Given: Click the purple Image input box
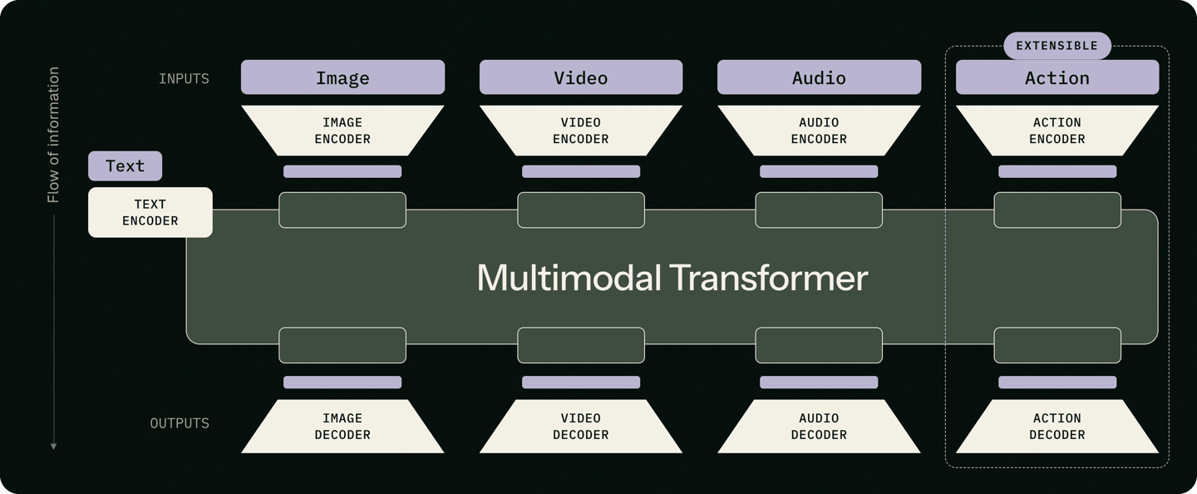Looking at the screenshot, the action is tap(342, 77).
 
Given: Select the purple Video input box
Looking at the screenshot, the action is tap(581, 77).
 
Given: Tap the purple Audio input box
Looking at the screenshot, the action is tap(820, 77).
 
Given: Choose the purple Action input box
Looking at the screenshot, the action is tap(1057, 77).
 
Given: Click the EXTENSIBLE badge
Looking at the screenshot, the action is tap(1057, 46).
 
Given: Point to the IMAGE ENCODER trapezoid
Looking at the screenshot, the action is tap(342, 131).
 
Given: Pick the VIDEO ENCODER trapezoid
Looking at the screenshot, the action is tap(581, 131).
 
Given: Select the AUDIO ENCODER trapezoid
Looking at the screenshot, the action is tap(820, 131).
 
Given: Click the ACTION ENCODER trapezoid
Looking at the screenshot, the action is tap(1057, 131).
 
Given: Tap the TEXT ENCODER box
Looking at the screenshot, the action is tap(150, 212).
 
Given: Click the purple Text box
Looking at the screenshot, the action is tap(125, 165).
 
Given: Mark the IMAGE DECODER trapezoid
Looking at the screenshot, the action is tap(342, 426).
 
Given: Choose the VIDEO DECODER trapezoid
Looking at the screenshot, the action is tap(581, 426).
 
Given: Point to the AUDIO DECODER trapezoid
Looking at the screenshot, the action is tap(820, 426).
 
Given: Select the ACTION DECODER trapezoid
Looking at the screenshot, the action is tap(1057, 426).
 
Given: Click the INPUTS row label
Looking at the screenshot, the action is tap(184, 78).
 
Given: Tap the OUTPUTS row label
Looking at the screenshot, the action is tap(180, 422).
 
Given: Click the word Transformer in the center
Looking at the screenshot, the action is tap(768, 278).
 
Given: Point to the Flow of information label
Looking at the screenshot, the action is tap(53, 135).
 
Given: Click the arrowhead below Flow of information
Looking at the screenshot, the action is tap(53, 447).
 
